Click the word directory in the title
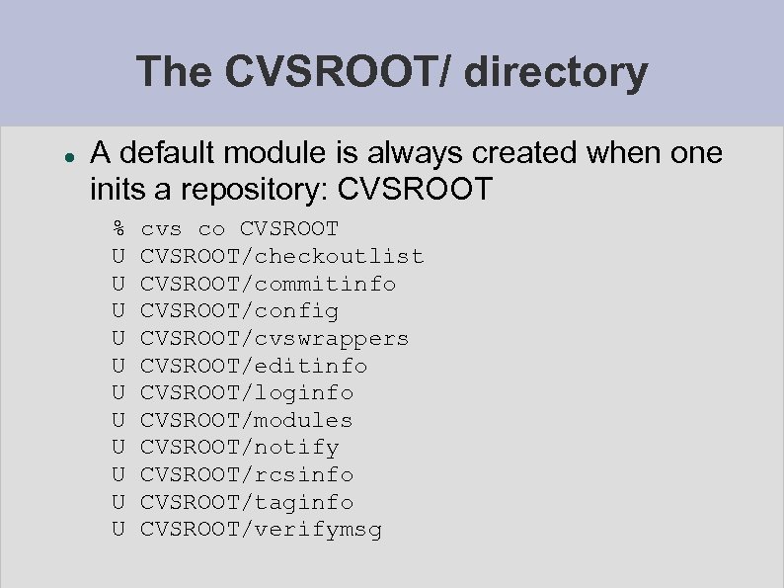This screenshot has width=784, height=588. pos(557,72)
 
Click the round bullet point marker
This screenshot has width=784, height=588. pos(61,156)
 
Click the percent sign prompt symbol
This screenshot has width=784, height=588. pos(118,229)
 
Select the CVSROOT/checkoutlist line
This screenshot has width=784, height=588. pos(281,257)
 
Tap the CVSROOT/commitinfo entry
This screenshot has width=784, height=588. pos(268,284)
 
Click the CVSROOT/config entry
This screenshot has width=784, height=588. pos(239,311)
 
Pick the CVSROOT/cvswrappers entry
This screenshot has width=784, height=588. pos(274,338)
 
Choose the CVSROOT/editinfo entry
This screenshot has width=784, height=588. pos(254,366)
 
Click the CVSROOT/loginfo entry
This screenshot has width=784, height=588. pos(247,392)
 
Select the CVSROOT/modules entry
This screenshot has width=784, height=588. pos(246,420)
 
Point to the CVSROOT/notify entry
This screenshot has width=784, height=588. pos(239,447)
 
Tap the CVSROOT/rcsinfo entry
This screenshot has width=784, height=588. pos(247,474)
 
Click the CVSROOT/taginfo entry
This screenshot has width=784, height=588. pos(247,502)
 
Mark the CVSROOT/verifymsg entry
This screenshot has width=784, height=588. pos(261,530)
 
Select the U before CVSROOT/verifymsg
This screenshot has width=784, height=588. pos(118,530)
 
